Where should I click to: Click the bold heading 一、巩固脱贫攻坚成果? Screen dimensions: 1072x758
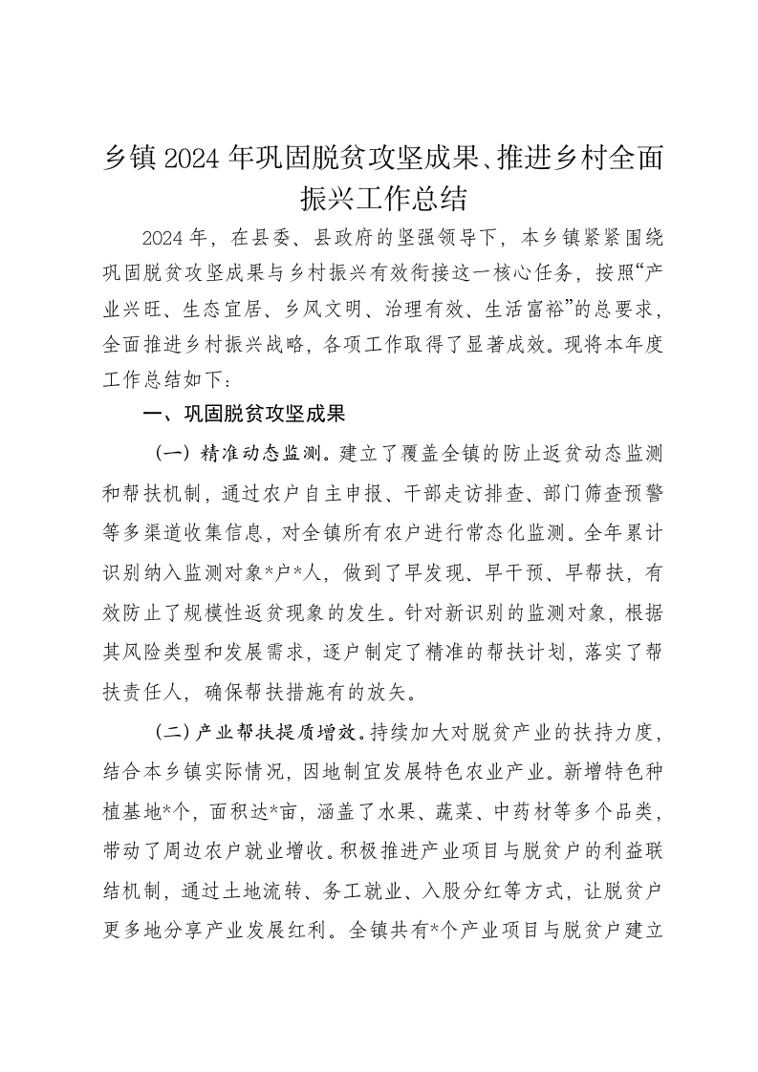pos(243,415)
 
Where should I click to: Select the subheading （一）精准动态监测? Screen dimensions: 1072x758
pos(244,450)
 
